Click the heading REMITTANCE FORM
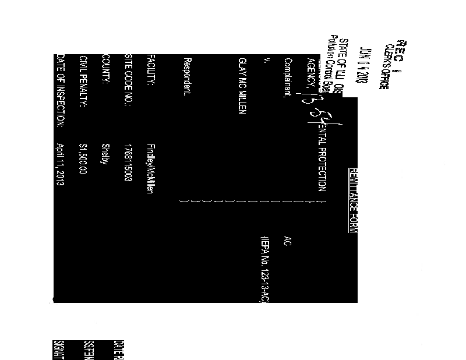click(x=352, y=200)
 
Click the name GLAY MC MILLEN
click(x=243, y=87)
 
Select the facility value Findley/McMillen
click(x=150, y=168)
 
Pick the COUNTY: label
click(x=105, y=70)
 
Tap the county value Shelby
click(x=105, y=153)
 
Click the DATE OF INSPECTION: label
click(x=59, y=91)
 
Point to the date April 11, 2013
click(x=59, y=165)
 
